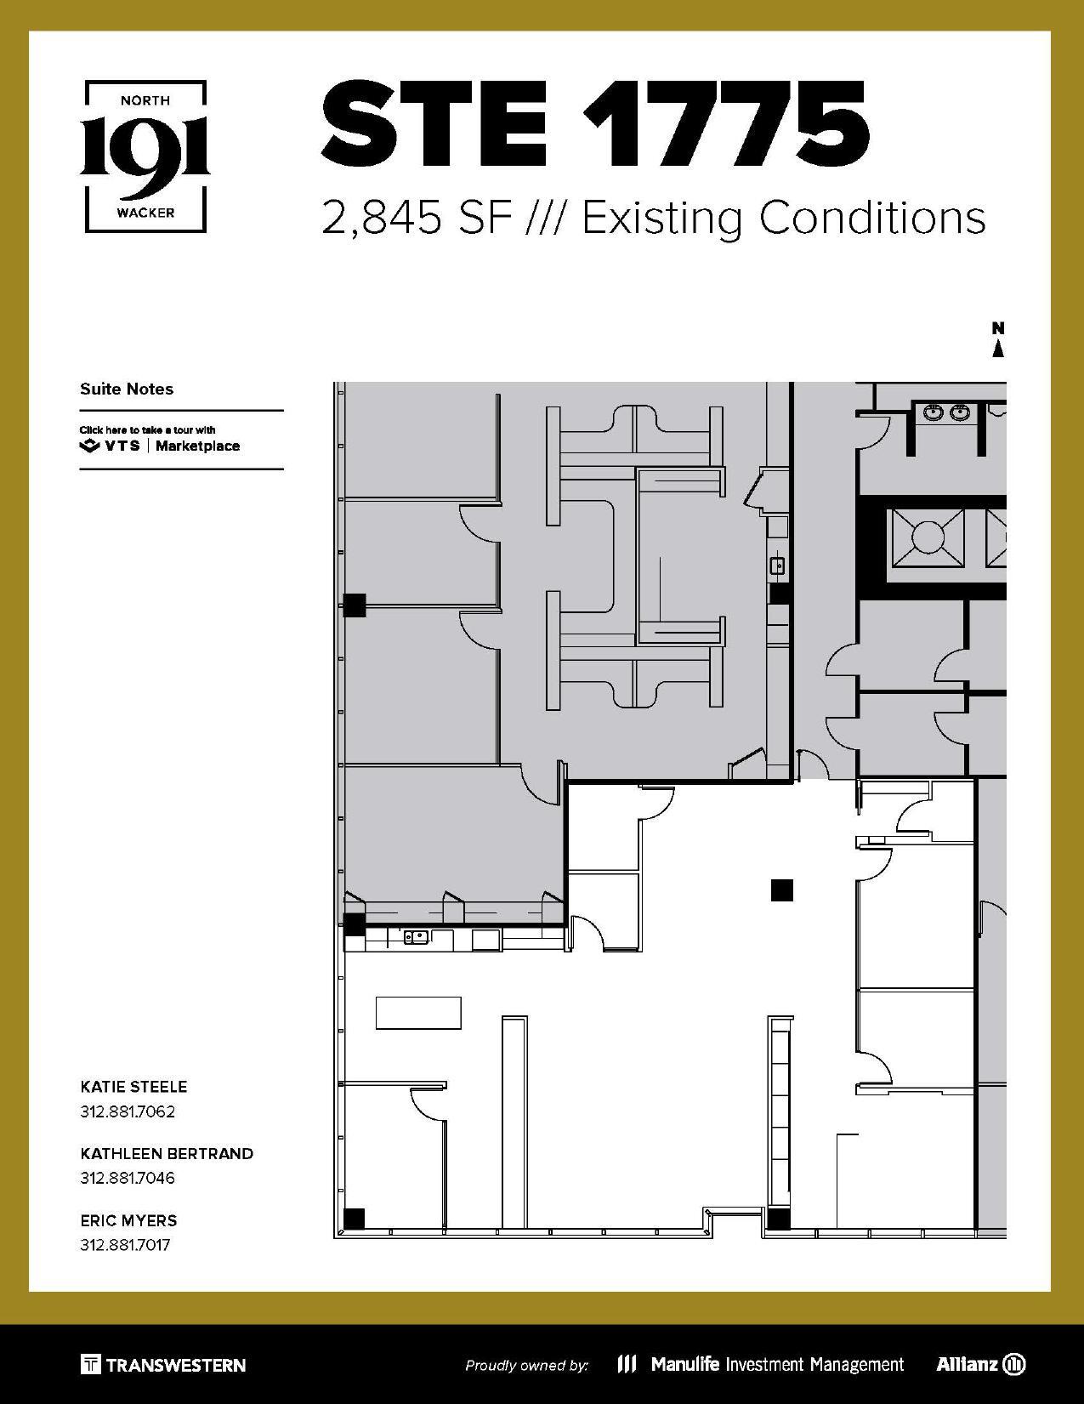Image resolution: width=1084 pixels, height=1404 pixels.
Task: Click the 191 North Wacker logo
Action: coord(145,156)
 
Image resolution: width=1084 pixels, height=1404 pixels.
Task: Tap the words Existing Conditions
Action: coord(784,218)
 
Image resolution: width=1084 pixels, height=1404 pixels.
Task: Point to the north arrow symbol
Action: coord(998,340)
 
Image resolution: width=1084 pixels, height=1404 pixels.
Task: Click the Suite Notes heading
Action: coord(127,389)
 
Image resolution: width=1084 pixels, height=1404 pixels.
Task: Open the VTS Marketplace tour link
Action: coord(160,440)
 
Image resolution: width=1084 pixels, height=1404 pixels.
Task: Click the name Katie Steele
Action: coord(133,1087)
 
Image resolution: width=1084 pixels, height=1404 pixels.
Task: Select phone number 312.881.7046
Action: coord(128,1178)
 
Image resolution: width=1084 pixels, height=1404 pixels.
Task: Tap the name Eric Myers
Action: coord(128,1220)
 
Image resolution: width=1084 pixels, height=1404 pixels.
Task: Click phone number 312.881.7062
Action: coord(128,1111)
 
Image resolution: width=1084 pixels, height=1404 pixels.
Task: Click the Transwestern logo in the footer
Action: coord(163,1365)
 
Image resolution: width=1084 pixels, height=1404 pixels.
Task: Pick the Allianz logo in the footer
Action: coord(980,1364)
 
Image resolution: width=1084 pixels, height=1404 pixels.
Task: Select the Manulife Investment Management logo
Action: coord(760,1364)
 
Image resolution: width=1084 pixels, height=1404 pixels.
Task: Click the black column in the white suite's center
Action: coord(781,890)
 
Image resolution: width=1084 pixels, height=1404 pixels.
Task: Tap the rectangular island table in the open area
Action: coord(418,1013)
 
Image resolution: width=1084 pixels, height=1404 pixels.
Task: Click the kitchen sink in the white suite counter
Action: coord(416,938)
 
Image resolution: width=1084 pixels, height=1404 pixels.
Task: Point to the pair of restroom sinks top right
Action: coord(946,412)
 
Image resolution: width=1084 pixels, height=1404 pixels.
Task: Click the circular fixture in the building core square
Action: coord(928,537)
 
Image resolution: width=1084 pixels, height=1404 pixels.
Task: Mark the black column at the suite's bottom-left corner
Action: coord(354,1218)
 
